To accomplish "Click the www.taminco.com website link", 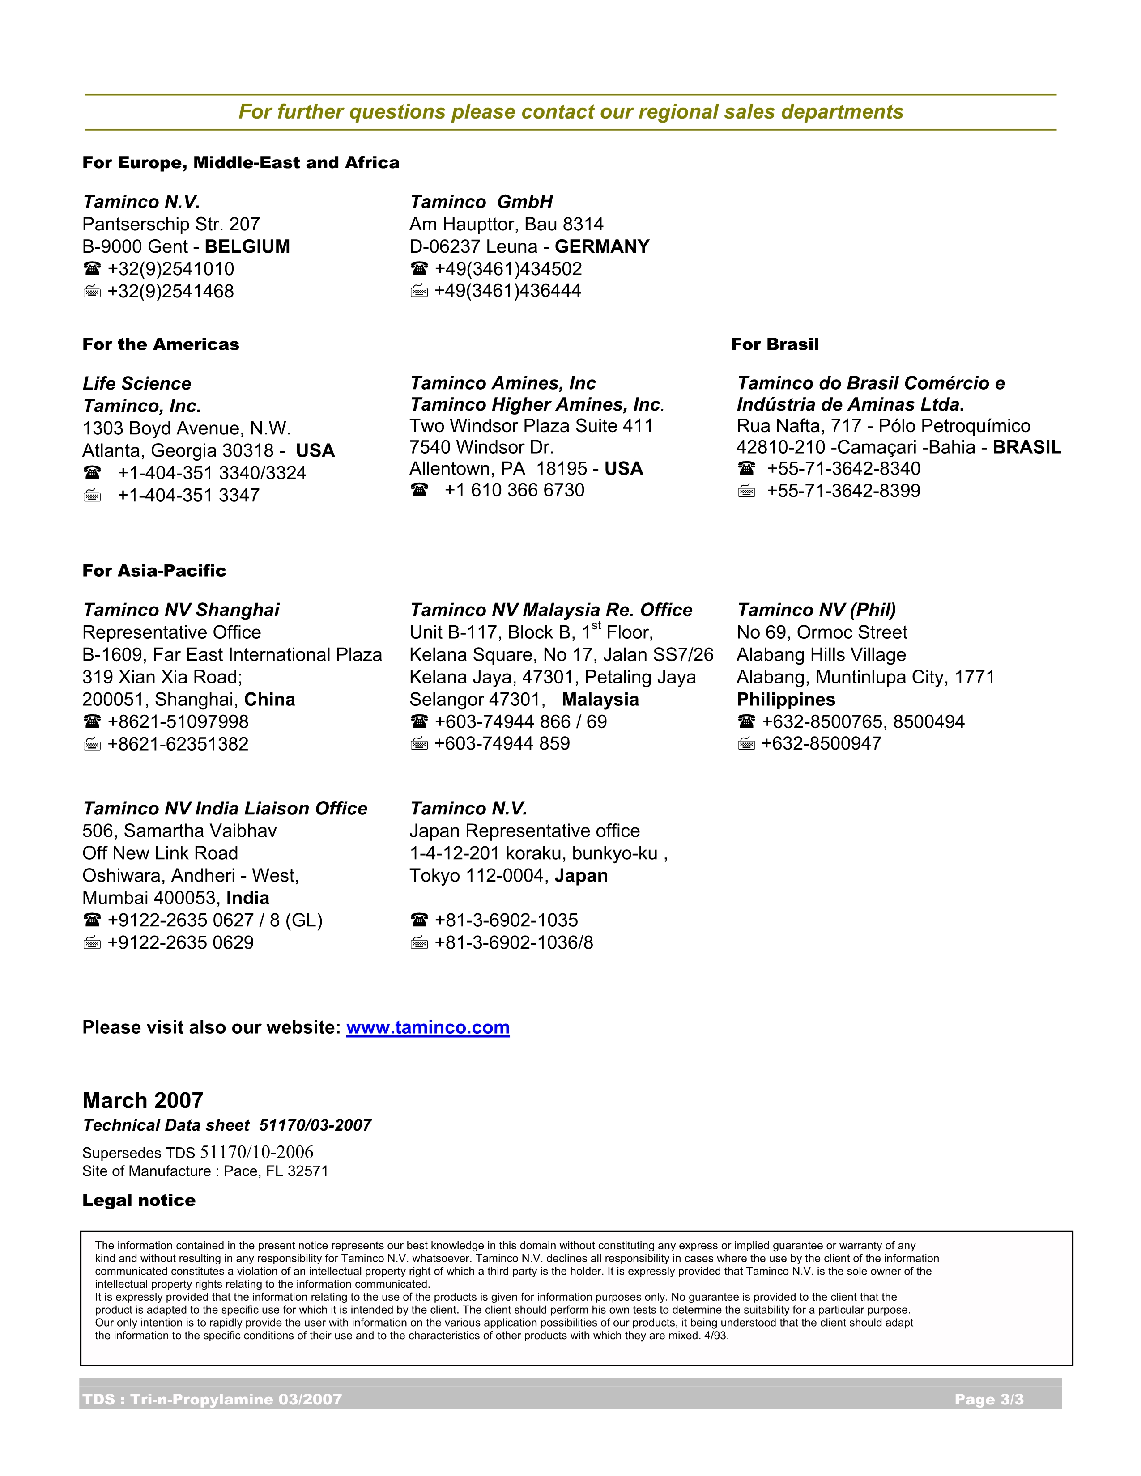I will pyautogui.click(x=427, y=1027).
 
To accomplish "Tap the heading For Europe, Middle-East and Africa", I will pyautogui.click(x=241, y=163).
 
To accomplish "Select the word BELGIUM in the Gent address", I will pyautogui.click(x=247, y=247).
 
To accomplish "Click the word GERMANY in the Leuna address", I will pyautogui.click(x=601, y=247).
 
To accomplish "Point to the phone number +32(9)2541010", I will pyautogui.click(x=170, y=269).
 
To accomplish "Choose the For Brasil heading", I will pyautogui.click(x=775, y=345).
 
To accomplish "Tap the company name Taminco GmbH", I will pyautogui.click(x=481, y=202).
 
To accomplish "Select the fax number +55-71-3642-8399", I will pyautogui.click(x=843, y=491).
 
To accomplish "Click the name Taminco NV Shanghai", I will pyautogui.click(x=180, y=610).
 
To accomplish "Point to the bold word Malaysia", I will pyautogui.click(x=600, y=700).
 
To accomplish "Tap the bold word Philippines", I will pyautogui.click(x=785, y=700).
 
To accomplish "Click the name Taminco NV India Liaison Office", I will pyautogui.click(x=225, y=809).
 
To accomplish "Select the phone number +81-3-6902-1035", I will pyautogui.click(x=506, y=920).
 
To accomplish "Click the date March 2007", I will pyautogui.click(x=143, y=1100).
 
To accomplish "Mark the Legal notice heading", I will pyautogui.click(x=139, y=1200).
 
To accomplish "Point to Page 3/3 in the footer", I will pyautogui.click(x=988, y=1399).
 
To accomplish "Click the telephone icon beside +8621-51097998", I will pyautogui.click(x=92, y=722).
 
